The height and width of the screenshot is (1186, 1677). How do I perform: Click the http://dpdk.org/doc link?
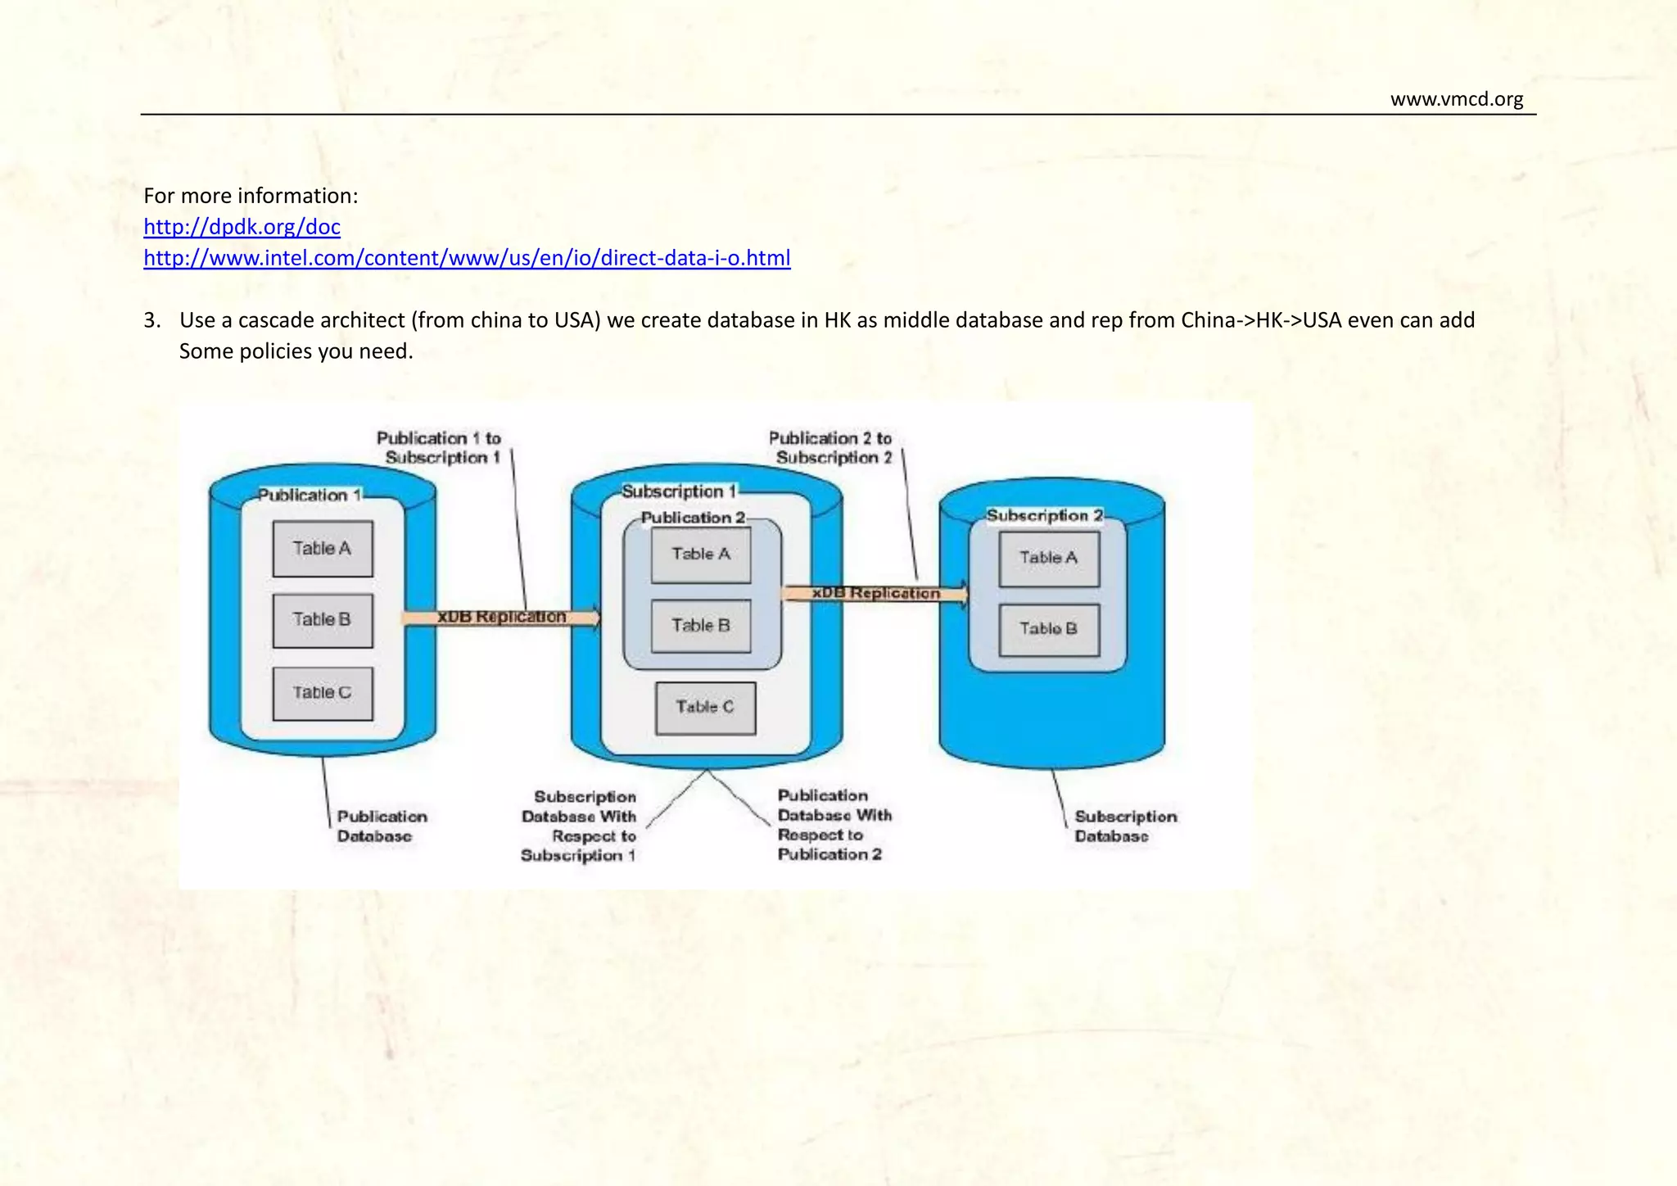click(x=242, y=227)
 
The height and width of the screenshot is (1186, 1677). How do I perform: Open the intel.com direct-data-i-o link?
click(x=467, y=258)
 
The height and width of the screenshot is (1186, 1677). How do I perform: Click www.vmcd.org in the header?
click(x=1456, y=99)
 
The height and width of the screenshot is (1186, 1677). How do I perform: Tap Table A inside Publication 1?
click(x=323, y=549)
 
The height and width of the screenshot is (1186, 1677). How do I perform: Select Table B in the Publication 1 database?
click(x=323, y=620)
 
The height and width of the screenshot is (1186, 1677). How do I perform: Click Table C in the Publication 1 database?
click(x=323, y=693)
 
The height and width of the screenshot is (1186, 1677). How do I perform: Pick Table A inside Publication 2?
click(x=701, y=555)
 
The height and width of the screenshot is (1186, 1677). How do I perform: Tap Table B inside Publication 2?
click(x=701, y=626)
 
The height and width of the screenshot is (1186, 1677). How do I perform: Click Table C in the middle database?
click(x=705, y=707)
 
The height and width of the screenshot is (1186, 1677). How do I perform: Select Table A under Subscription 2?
click(x=1049, y=558)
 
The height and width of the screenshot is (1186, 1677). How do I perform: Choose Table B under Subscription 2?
click(x=1049, y=629)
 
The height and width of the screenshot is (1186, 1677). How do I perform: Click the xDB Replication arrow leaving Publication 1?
click(x=501, y=617)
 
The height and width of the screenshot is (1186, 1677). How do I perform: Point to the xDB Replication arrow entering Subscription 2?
click(x=875, y=593)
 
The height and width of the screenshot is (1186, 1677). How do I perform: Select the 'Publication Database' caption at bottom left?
click(x=381, y=826)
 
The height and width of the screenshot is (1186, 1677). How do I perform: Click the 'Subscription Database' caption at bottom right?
click(x=1124, y=826)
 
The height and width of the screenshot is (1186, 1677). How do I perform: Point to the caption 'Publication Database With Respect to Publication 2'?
click(x=833, y=825)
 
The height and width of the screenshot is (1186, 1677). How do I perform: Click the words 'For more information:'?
click(x=251, y=196)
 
